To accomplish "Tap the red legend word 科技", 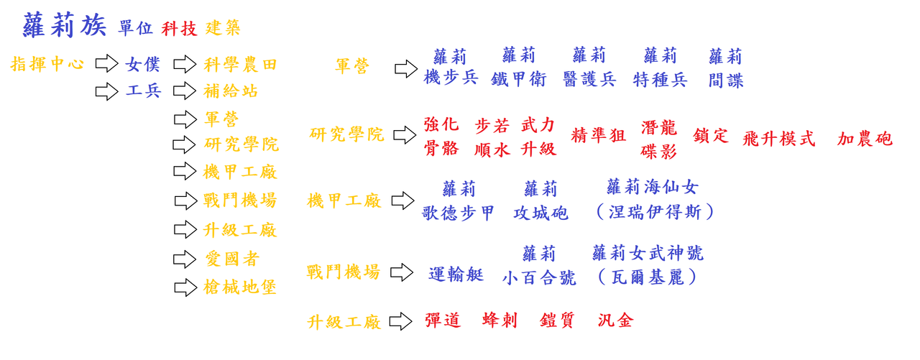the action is pyautogui.click(x=178, y=29).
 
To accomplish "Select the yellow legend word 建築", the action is pyautogui.click(x=223, y=29).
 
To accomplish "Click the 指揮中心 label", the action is pyautogui.click(x=47, y=64).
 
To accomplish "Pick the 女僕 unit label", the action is pyautogui.click(x=143, y=65).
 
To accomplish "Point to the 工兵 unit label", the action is pyautogui.click(x=143, y=91).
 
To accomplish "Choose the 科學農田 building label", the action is pyautogui.click(x=240, y=65).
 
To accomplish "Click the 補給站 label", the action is pyautogui.click(x=231, y=91).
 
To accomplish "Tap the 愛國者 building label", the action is pyautogui.click(x=231, y=259).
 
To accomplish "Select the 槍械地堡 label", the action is pyautogui.click(x=240, y=287).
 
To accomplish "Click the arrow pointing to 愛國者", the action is pyautogui.click(x=185, y=259).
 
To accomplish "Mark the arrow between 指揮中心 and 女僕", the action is pyautogui.click(x=106, y=64).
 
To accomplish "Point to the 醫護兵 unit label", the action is pyautogui.click(x=589, y=79).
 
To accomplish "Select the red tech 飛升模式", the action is pyautogui.click(x=779, y=139).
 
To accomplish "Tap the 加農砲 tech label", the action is pyautogui.click(x=865, y=139).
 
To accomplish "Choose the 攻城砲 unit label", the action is pyautogui.click(x=540, y=213).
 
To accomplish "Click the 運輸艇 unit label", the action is pyautogui.click(x=456, y=274).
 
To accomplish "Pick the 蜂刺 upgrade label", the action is pyautogui.click(x=500, y=320).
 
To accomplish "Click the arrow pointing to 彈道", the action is pyautogui.click(x=400, y=321).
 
